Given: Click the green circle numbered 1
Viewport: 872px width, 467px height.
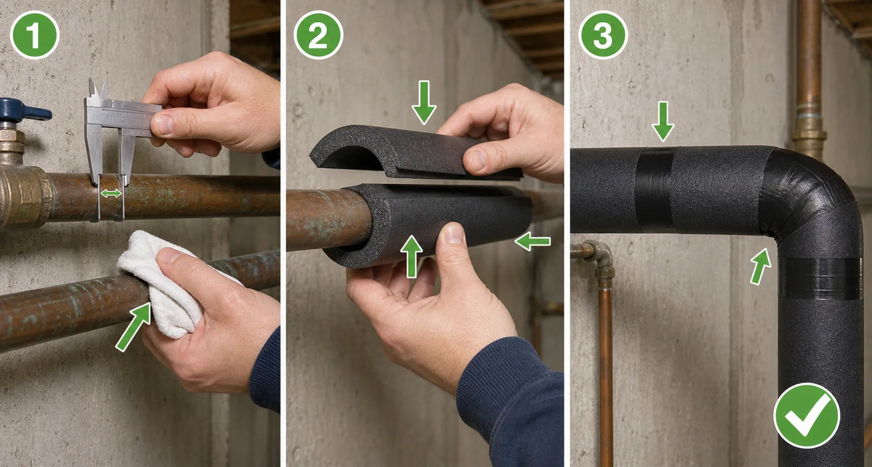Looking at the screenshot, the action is click(35, 35).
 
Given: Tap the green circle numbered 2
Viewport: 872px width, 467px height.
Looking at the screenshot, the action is click(319, 35).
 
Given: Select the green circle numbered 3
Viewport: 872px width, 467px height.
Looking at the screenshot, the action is click(603, 35).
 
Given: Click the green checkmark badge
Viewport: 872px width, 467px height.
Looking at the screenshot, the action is click(807, 415).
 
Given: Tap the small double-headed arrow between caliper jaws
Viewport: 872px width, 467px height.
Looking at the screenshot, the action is click(111, 193).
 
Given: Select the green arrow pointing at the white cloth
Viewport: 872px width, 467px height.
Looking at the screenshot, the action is click(133, 327).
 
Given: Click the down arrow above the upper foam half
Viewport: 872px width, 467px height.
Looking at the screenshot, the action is click(424, 102).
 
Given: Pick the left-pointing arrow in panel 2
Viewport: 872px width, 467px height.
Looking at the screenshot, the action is click(532, 241).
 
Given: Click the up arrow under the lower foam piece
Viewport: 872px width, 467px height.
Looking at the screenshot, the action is click(411, 257).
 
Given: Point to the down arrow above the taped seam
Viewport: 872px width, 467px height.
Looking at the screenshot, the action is click(663, 121).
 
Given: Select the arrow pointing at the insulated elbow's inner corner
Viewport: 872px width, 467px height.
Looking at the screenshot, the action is click(761, 267).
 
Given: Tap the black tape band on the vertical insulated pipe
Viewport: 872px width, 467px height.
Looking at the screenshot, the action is click(820, 278).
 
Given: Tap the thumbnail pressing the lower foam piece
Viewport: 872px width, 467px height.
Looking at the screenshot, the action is click(453, 234).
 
